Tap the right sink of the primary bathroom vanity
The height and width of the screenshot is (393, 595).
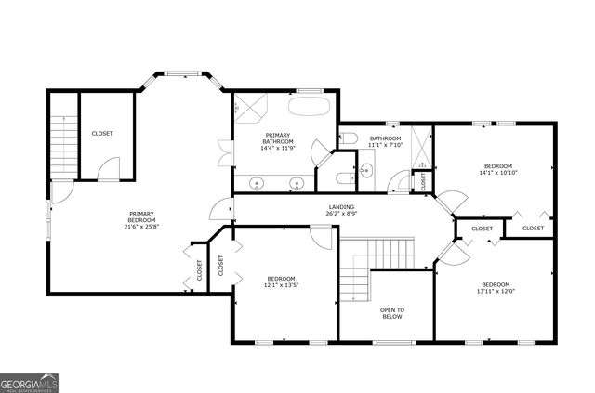297,181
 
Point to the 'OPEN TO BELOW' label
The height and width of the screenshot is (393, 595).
392,313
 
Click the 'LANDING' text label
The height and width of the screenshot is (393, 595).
341,206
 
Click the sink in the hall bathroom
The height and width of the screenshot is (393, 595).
364,169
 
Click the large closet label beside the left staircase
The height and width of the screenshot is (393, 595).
102,134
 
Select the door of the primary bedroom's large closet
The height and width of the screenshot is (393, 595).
111,169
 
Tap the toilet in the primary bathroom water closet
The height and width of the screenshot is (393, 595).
341,177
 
